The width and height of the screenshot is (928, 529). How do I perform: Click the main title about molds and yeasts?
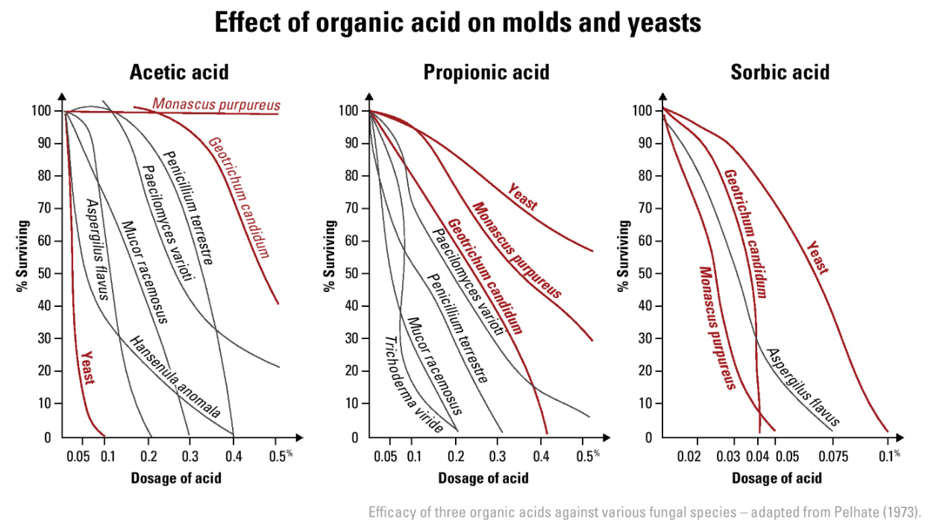coord(458,23)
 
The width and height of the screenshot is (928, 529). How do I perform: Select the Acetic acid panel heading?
coord(179,72)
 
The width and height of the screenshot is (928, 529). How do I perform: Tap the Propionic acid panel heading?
coord(486,72)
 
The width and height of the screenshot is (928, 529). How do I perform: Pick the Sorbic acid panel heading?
coord(780,72)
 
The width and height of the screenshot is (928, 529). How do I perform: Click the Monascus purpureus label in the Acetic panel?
coord(216,104)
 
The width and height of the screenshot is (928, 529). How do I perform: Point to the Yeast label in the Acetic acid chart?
coord(88,367)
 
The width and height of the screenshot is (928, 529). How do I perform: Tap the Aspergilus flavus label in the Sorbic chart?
coord(803,387)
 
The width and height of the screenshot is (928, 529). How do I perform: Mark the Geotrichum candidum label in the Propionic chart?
coord(485,276)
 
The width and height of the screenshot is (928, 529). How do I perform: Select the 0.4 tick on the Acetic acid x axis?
coord(233,455)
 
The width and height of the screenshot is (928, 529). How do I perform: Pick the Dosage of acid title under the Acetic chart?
coord(176,478)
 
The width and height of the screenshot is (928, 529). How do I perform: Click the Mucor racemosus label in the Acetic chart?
coord(144,272)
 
